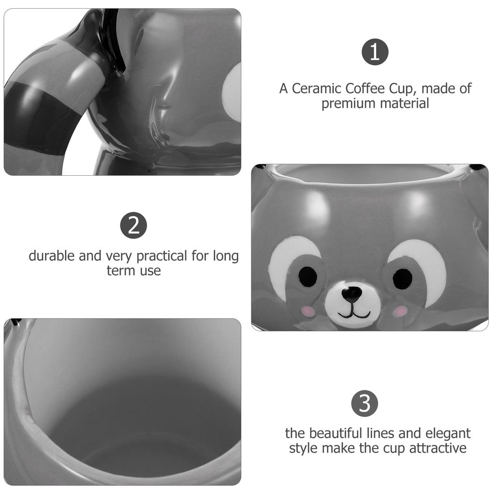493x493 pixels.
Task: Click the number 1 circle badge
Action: (375, 52)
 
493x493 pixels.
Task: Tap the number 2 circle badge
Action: (133, 225)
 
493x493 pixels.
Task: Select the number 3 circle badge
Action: (364, 403)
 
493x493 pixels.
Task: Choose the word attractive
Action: (438, 448)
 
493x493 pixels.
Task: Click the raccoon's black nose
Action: (351, 292)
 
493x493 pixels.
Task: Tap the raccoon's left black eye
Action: (308, 276)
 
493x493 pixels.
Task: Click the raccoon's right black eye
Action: (402, 279)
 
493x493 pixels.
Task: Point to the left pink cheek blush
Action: (308, 311)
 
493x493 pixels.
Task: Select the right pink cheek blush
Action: (400, 311)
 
